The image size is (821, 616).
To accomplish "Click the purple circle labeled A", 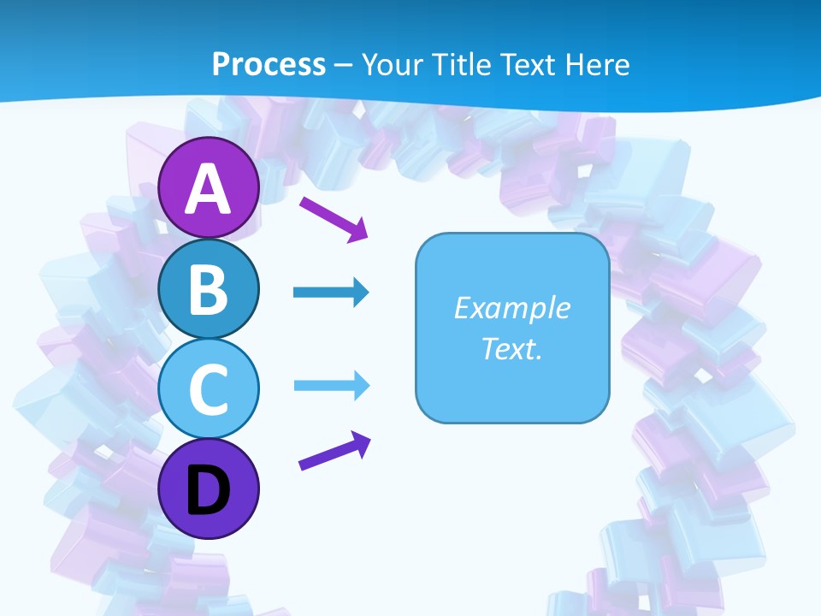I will click(209, 188).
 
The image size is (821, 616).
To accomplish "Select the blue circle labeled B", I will click(209, 289).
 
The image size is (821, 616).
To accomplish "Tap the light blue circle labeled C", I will click(209, 388).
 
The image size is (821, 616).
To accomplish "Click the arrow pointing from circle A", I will click(333, 218).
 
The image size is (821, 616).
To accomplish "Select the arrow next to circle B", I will click(330, 293).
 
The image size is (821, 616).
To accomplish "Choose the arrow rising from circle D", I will click(334, 451).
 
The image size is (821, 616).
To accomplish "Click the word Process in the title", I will click(269, 64).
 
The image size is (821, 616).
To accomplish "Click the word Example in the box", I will click(511, 308).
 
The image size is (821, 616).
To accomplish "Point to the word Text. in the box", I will click(511, 349).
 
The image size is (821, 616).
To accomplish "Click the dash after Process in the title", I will click(343, 65).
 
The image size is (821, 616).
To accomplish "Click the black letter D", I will click(209, 490).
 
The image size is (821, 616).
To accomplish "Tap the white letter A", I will click(209, 189).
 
